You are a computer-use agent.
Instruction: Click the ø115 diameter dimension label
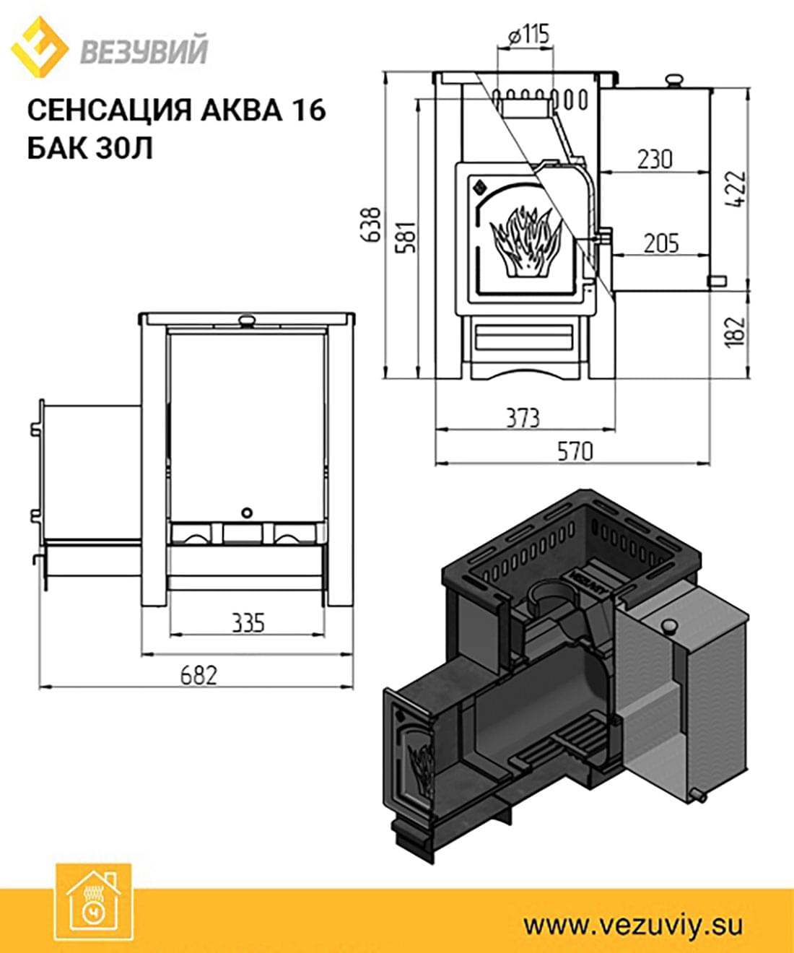[x=528, y=34]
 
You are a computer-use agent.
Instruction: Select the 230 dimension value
[x=655, y=160]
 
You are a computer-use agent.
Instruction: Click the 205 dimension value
[x=661, y=243]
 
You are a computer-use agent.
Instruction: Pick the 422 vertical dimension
[x=735, y=189]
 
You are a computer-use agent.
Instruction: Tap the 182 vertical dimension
[x=735, y=332]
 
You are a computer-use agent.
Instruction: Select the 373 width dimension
[x=523, y=418]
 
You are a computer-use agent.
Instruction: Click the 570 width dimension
[x=575, y=452]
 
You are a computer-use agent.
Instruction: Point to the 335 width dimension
[x=248, y=622]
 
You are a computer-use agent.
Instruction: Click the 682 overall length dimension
[x=198, y=676]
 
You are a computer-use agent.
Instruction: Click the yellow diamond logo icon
[x=40, y=46]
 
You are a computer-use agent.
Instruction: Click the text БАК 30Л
[x=90, y=148]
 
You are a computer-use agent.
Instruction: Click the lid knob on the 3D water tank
[x=669, y=626]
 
